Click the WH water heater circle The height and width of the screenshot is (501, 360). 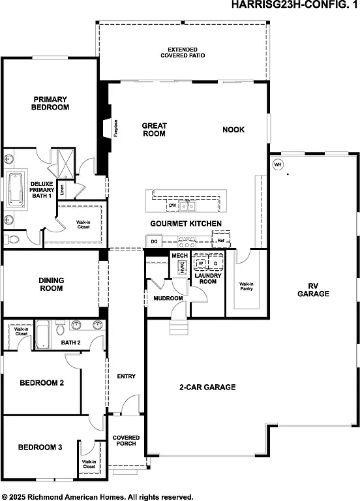(278, 164)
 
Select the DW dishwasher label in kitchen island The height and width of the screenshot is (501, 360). (173, 206)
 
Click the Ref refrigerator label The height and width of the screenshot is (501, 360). (221, 241)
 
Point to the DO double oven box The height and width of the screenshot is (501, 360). (154, 241)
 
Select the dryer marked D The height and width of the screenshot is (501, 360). (216, 264)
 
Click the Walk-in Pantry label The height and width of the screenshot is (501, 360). (246, 287)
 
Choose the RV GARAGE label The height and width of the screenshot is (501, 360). (314, 290)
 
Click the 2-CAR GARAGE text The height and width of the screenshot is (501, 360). (207, 387)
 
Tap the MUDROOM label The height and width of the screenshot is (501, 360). (168, 298)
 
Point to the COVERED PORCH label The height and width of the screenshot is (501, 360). (126, 441)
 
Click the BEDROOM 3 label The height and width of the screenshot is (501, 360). (40, 448)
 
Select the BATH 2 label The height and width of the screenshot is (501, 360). (70, 342)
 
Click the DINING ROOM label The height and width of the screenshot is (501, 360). (51, 284)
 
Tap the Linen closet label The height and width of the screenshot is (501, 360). (63, 190)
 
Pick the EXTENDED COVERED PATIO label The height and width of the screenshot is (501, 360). (183, 52)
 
